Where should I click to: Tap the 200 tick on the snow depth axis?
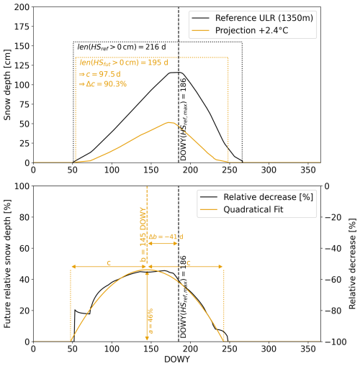coord(19,7)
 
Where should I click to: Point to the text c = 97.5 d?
coord(103,74)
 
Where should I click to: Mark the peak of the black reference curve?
coord(175,73)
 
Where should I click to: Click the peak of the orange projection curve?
coord(169,122)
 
